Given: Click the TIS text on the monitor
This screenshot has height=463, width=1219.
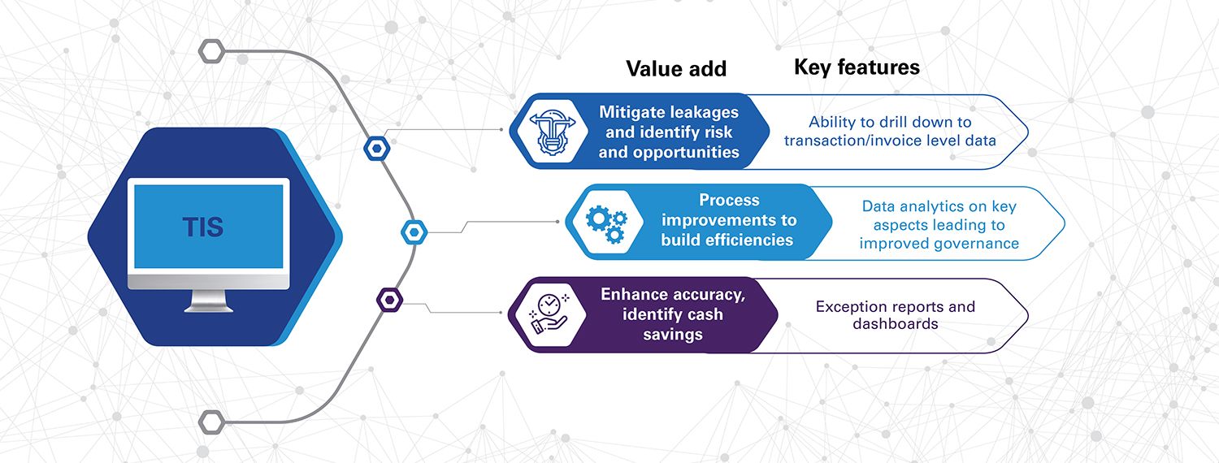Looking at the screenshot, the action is [203, 227].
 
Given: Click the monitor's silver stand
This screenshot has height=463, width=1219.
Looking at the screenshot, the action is [208, 301].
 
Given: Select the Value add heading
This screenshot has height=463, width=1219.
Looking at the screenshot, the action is [676, 68].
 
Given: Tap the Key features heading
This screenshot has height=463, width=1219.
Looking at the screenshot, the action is [857, 67].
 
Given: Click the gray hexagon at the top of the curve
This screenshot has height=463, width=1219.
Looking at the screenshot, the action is [211, 51].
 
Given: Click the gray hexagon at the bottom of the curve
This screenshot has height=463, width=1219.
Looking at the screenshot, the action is [211, 422].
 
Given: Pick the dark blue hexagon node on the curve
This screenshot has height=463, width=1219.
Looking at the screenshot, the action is [376, 148].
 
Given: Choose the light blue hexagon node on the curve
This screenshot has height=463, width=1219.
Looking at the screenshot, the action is [414, 232].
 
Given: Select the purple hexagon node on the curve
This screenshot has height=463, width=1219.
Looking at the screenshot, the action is [389, 300].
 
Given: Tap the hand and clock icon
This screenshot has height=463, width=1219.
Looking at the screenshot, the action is [549, 314].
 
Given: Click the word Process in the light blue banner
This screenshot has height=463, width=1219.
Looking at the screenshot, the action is [729, 200].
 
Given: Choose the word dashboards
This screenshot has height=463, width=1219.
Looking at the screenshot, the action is [896, 324].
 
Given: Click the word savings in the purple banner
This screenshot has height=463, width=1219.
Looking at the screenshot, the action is [673, 334].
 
